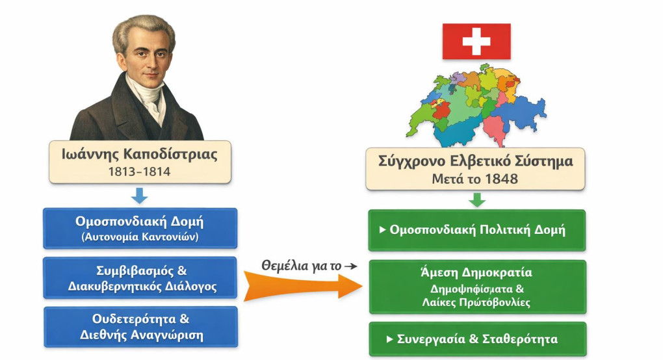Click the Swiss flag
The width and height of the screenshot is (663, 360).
[476, 41]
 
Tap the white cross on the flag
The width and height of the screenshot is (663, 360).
[476, 41]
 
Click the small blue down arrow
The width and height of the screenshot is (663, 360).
[140, 195]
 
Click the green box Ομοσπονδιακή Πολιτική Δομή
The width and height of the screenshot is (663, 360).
[477, 229]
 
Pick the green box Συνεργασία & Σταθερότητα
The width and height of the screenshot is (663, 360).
[477, 339]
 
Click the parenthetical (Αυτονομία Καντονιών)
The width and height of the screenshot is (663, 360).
[140, 237]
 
